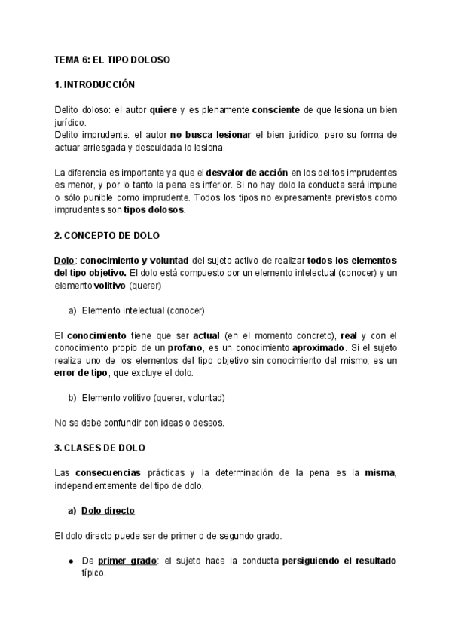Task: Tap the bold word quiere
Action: [163, 110]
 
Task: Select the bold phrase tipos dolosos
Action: [154, 210]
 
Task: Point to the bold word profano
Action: [183, 347]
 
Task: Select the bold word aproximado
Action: [318, 347]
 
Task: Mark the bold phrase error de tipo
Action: [84, 372]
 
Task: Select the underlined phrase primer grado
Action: [127, 561]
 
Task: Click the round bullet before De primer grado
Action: [71, 561]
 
